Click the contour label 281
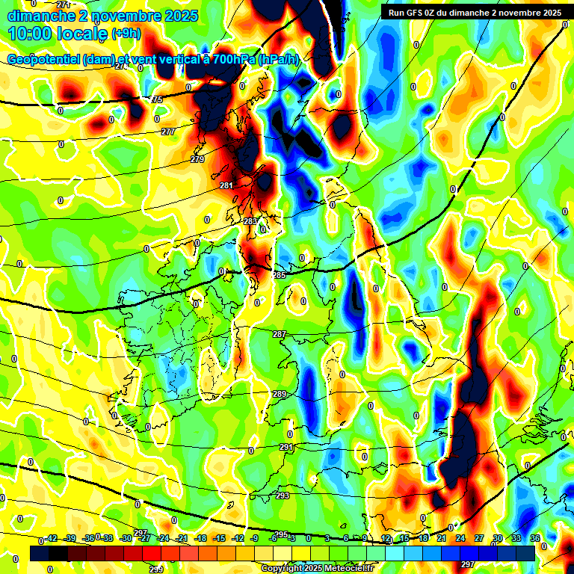click(226, 185)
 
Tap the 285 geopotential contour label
click(280, 276)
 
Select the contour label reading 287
click(280, 334)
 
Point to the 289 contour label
click(280, 394)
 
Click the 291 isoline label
click(286, 447)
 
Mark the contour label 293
click(283, 496)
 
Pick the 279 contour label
click(197, 159)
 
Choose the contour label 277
click(168, 132)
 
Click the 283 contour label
click(250, 222)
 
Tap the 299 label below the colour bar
click(155, 570)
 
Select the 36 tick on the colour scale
click(535, 538)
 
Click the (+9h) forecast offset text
click(125, 34)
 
